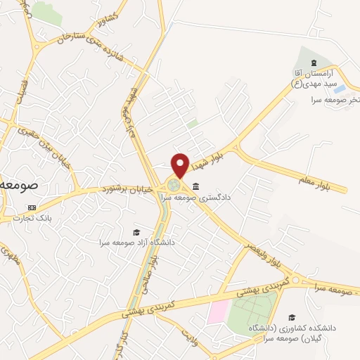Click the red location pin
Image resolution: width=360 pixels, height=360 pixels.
click(x=181, y=165)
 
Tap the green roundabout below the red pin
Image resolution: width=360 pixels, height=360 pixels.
click(x=174, y=186)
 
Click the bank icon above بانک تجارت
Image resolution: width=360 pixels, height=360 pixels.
click(x=31, y=208)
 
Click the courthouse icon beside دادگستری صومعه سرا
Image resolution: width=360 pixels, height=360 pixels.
click(x=195, y=187)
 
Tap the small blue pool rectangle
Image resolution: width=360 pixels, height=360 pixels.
click(x=339, y=89)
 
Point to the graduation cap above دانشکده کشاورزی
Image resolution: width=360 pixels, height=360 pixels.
click(x=291, y=318)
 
